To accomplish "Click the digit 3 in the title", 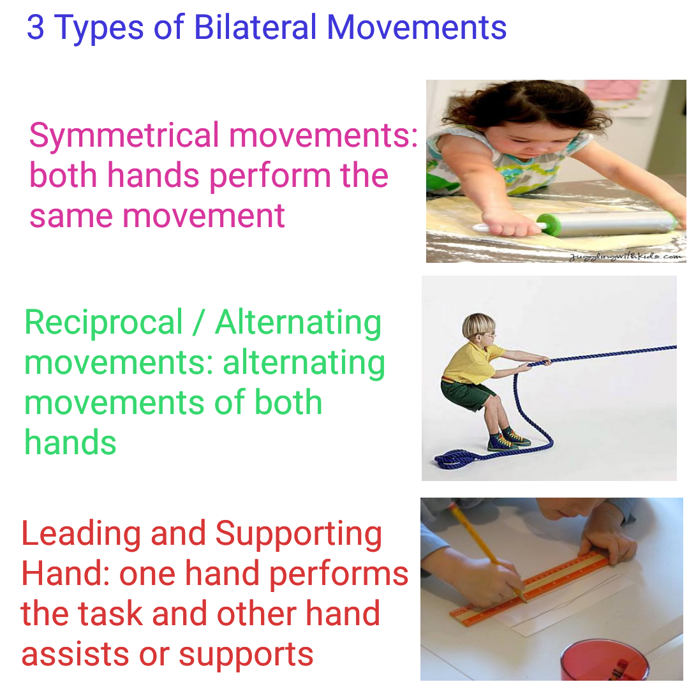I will point(36,28).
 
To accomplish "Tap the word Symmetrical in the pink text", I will point(124,136).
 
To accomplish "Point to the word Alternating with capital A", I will point(299,323).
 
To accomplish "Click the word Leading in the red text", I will point(80,535).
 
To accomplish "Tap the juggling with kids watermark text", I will point(625,256).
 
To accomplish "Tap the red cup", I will point(604,660).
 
